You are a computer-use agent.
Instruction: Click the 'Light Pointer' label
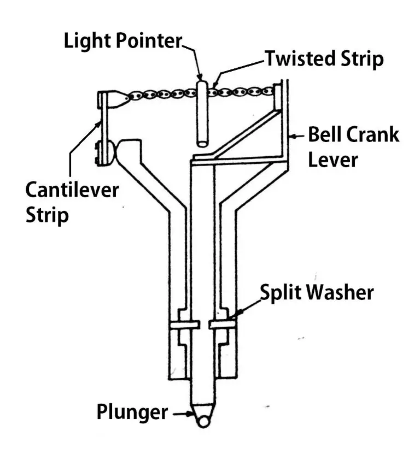coord(122,40)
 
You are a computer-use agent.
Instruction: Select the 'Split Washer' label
coord(317,292)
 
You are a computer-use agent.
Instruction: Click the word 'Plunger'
coord(132,412)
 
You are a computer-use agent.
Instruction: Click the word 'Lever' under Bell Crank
coord(333,160)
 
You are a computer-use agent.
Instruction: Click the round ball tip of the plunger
coord(203,421)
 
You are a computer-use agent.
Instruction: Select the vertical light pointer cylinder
coord(201,113)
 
